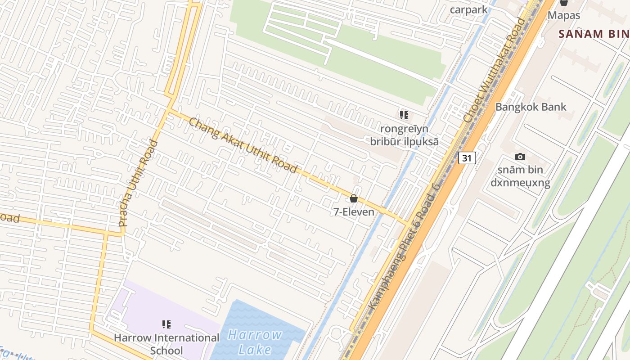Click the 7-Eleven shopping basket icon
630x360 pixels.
354,198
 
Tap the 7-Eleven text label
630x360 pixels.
354,211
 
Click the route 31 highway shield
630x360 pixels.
467,158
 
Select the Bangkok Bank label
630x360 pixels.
531,107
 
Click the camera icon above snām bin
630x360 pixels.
520,157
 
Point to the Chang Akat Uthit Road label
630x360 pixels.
243,145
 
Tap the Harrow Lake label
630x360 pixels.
255,342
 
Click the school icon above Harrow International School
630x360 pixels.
166,324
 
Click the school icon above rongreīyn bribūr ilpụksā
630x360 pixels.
404,115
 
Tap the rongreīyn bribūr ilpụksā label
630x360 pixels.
404,135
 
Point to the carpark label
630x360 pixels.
468,10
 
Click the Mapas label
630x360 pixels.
563,15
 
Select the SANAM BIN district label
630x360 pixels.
593,34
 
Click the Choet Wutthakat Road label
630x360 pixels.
495,70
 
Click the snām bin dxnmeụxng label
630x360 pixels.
520,176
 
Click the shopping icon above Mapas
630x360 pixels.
563,3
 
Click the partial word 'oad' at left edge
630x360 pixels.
10,219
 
